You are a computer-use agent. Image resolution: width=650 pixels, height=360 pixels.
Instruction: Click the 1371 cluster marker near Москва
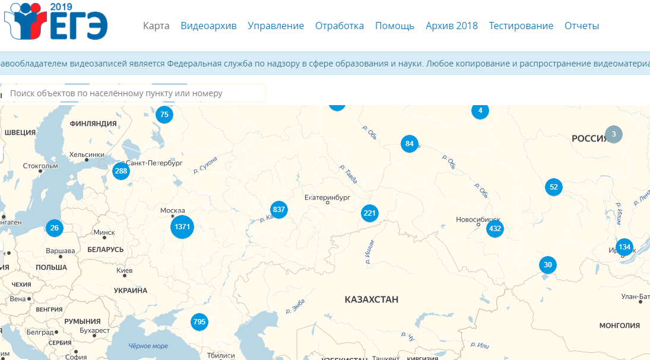tap(182, 227)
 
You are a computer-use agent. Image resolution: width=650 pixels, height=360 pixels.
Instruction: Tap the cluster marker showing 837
tap(279, 209)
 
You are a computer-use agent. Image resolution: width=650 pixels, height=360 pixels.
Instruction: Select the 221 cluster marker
tap(370, 213)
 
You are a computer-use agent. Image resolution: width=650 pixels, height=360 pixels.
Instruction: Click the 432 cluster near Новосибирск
tap(495, 228)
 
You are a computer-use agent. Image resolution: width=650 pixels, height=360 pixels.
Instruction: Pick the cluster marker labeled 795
tap(199, 322)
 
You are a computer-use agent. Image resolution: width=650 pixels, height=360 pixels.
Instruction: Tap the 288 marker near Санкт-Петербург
tap(121, 171)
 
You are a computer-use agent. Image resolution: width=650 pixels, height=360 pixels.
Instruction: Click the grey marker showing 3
tap(614, 134)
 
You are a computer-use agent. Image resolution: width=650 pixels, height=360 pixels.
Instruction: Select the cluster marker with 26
tap(55, 228)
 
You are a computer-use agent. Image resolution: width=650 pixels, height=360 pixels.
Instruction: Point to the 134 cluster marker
tap(624, 247)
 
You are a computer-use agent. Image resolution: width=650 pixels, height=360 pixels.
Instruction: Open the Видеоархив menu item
tap(208, 26)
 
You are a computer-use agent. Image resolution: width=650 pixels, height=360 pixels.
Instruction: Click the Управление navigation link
tap(275, 26)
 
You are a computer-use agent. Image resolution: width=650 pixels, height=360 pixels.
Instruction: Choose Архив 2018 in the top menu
tap(451, 26)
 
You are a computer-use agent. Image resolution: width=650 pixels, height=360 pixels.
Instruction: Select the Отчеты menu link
tap(582, 26)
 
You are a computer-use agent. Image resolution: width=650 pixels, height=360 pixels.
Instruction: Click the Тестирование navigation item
tap(521, 26)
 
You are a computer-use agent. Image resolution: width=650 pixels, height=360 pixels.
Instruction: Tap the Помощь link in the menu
tap(395, 26)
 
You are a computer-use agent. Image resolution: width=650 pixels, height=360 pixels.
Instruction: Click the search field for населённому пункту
tap(134, 93)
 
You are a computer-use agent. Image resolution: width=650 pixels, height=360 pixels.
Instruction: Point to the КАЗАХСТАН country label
tap(372, 299)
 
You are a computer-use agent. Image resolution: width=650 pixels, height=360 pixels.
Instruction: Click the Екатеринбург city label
tap(327, 197)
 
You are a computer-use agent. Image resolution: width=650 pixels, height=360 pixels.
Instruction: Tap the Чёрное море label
tap(148, 346)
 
